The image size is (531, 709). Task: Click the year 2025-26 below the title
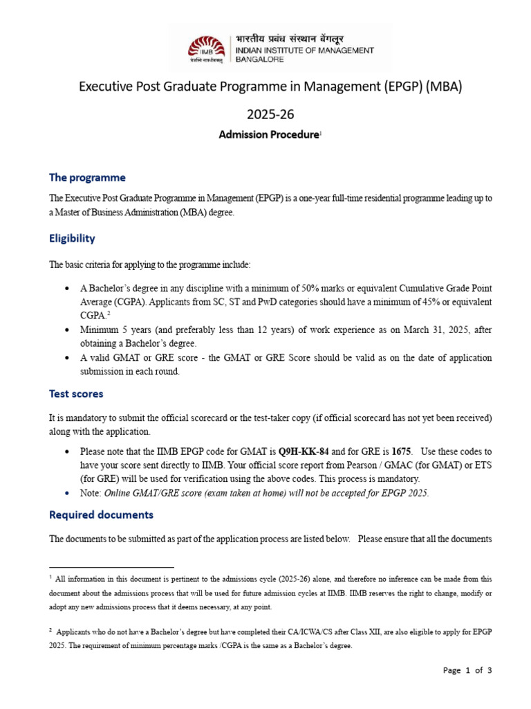pos(265,113)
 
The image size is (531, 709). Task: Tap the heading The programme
pos(87,178)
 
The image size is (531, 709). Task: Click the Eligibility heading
pos(72,238)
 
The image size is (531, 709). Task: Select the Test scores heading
pos(76,393)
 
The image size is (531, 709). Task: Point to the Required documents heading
pos(101,515)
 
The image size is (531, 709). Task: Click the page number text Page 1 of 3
pos(467,670)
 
